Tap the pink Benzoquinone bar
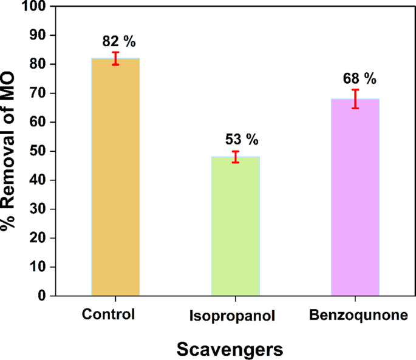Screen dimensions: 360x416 (x=355, y=197)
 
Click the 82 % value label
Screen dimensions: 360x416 (x=118, y=42)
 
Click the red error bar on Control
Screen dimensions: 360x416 (x=115, y=58)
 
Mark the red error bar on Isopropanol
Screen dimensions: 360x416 (x=236, y=157)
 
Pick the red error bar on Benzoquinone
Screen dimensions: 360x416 (x=355, y=98)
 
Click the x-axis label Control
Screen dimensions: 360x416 (x=109, y=315)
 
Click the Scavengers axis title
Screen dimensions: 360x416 (x=230, y=349)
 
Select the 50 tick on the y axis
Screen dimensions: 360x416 (x=39, y=151)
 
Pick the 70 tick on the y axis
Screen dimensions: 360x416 (x=39, y=93)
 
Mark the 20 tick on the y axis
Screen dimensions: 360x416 (x=39, y=238)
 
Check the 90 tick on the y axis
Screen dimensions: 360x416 (x=39, y=36)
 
